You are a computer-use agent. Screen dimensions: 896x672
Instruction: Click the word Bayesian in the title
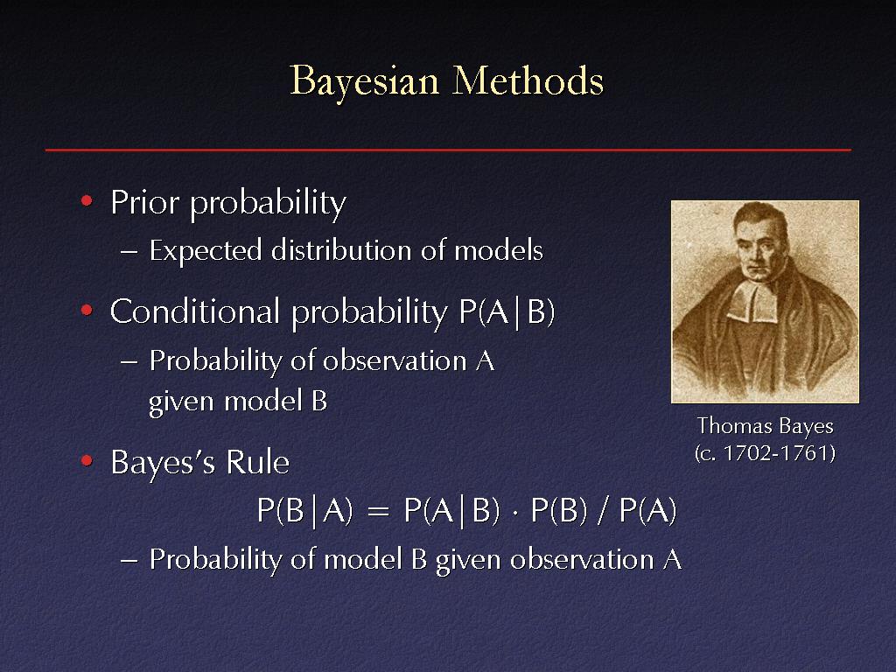365,81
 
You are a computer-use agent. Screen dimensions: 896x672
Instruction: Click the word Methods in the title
528,80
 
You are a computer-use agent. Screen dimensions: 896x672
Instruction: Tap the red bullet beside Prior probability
87,200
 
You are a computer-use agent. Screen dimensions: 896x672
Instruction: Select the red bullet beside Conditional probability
87,311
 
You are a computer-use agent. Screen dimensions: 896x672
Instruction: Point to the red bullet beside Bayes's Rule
87,460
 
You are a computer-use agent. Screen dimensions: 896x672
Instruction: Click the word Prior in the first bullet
145,202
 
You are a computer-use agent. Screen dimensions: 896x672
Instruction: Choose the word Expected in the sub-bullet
206,251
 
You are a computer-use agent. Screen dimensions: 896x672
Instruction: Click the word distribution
341,249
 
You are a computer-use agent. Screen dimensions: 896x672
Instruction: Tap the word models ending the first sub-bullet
498,249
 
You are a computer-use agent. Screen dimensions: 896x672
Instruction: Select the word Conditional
195,311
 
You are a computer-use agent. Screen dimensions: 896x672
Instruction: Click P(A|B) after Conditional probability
507,312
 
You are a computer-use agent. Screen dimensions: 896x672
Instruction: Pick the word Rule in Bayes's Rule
258,462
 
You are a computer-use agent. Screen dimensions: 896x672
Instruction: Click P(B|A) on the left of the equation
304,510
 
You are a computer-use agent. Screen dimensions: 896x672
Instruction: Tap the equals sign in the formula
378,511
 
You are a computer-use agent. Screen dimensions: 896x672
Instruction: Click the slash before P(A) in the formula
603,510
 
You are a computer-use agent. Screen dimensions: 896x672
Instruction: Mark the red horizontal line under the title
448,150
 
